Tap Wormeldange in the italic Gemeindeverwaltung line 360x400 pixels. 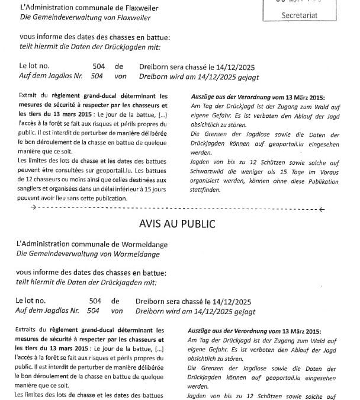point(131,254)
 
